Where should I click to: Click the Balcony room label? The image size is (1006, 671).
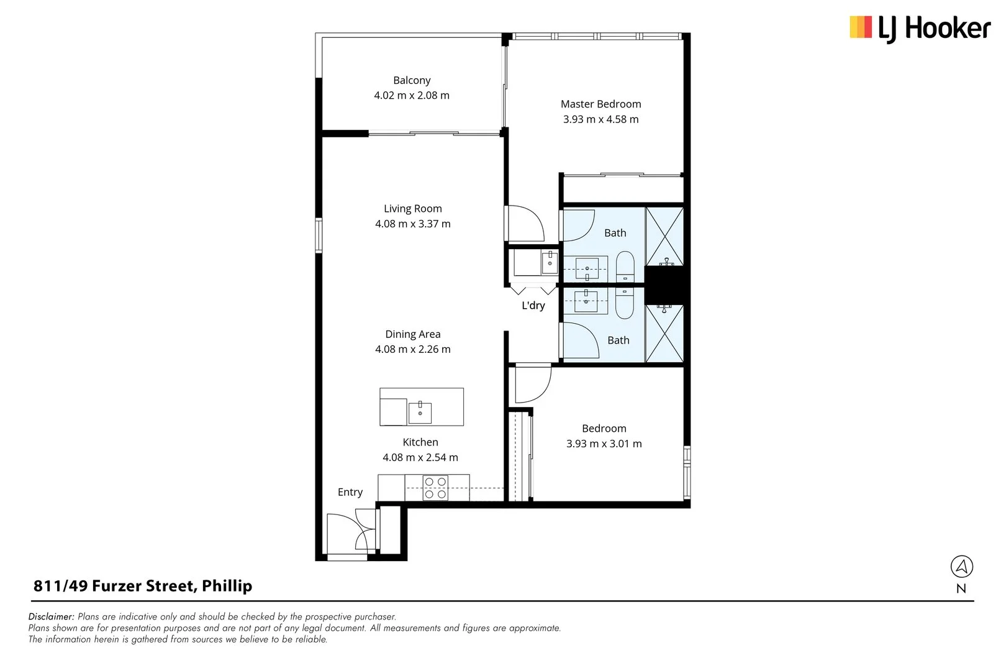point(412,80)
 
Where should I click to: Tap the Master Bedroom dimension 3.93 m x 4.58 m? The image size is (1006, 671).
point(600,119)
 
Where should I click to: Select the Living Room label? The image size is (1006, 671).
point(413,209)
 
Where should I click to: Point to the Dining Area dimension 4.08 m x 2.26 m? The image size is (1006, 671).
point(413,349)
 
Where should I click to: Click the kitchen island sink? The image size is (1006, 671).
point(420,413)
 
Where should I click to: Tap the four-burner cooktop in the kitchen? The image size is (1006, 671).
point(435,488)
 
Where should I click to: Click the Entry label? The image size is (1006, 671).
point(350,492)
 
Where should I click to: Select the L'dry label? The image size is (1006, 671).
point(533,306)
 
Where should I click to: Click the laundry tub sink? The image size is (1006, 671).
point(549,263)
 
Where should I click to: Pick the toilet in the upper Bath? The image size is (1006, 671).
point(625,267)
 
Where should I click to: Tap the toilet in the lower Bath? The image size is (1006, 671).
point(625,303)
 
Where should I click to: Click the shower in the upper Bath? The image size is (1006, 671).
point(665,237)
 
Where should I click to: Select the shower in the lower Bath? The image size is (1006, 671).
point(665,333)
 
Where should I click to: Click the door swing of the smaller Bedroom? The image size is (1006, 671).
point(532,385)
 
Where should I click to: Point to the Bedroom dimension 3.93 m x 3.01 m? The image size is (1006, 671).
point(604,444)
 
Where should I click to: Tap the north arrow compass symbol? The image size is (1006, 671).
point(961,567)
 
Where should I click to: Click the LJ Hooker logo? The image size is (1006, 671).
point(920,29)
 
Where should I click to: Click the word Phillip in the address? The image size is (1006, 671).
point(227,586)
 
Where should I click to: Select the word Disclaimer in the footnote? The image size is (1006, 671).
point(52,617)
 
